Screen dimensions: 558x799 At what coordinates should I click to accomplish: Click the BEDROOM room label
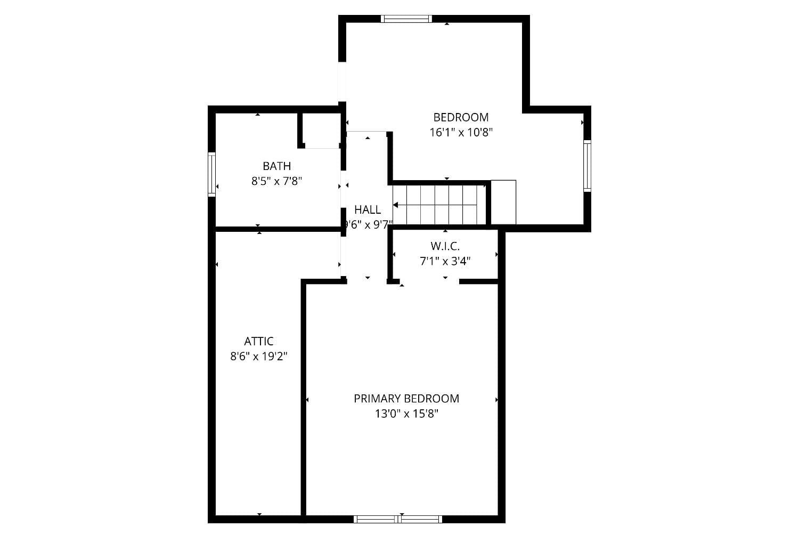point(461,117)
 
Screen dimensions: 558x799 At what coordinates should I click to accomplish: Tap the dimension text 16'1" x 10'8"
point(461,132)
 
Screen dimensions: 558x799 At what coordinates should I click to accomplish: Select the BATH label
point(276,166)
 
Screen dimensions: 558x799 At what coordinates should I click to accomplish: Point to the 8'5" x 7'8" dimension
point(276,181)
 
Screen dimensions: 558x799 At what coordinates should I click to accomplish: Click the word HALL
point(368,209)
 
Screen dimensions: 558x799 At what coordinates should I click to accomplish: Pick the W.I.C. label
point(445,246)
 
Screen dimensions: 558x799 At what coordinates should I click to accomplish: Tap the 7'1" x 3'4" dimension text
point(445,261)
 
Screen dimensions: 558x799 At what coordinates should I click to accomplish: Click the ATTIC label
point(259,341)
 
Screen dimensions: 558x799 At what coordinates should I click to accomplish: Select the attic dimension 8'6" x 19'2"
point(259,356)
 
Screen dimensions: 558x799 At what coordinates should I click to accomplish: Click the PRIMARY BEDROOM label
point(406,399)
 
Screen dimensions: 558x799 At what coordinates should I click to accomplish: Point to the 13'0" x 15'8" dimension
point(406,414)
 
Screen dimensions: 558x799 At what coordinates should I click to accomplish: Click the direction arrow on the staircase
point(396,205)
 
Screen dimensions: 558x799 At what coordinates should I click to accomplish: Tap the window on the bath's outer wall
point(211,174)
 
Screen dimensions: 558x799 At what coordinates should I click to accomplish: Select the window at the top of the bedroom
point(406,19)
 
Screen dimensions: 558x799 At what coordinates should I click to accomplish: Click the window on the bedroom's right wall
point(587,165)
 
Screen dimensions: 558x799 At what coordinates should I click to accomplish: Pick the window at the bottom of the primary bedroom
point(398,519)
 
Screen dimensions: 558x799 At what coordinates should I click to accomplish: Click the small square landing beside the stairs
point(503,203)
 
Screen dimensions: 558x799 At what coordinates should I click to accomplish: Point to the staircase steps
point(439,205)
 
